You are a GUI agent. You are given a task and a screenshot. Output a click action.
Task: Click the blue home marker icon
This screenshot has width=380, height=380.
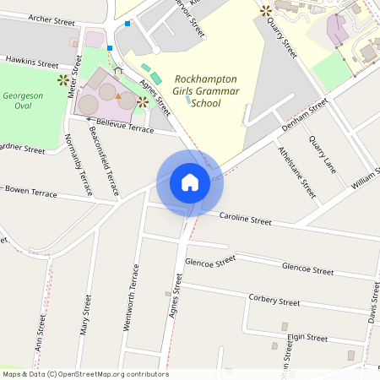pyautogui.click(x=189, y=182)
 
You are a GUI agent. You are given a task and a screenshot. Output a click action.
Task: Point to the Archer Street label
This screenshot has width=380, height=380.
pyautogui.click(x=52, y=18)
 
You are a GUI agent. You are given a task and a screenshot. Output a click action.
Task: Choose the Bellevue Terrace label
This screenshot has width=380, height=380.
pyautogui.click(x=125, y=126)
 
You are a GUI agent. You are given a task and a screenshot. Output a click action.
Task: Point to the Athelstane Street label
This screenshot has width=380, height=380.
pyautogui.click(x=296, y=171)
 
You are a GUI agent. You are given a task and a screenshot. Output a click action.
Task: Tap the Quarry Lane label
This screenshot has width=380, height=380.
pyautogui.click(x=323, y=154)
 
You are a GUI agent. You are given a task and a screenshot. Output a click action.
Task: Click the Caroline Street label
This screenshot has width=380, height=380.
pyautogui.click(x=245, y=220)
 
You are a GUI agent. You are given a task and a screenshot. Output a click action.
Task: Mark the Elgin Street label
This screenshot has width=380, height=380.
pyautogui.click(x=307, y=338)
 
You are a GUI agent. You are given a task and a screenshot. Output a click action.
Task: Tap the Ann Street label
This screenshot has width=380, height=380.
pyautogui.click(x=40, y=333)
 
